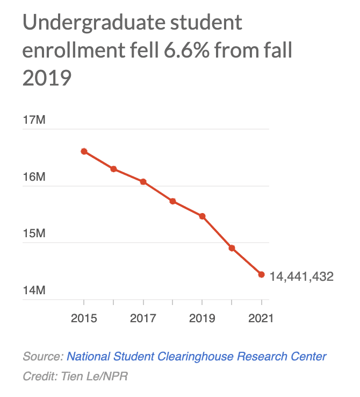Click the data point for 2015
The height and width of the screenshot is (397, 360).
[84, 151]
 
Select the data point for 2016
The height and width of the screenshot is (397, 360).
[114, 169]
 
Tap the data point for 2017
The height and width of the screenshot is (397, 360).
[143, 182]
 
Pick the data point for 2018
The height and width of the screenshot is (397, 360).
[172, 201]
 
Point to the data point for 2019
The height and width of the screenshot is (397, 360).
[203, 216]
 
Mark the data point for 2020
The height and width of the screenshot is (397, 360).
[232, 248]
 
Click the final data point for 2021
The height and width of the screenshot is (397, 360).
[261, 274]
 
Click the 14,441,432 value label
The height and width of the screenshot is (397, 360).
[301, 277]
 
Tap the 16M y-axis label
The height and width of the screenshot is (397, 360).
[34, 177]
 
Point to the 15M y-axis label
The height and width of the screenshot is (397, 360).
[34, 233]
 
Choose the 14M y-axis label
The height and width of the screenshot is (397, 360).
[34, 290]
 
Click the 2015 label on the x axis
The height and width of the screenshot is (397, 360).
[84, 318]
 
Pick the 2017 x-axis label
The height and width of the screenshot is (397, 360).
[143, 318]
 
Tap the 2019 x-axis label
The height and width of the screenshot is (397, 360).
[203, 318]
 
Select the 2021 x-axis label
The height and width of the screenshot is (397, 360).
[261, 318]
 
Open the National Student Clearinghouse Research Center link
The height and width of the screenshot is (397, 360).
[196, 356]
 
